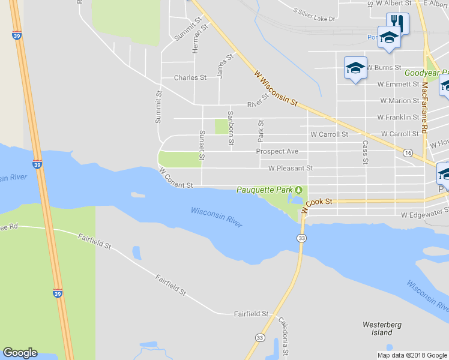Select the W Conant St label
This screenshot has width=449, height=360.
coord(176,178)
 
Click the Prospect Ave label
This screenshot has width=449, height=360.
coord(277,152)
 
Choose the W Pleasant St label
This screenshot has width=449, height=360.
coord(291,169)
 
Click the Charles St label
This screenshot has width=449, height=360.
coord(190,78)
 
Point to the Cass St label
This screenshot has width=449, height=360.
coord(364,152)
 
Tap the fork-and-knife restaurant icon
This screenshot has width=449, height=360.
coord(397,23)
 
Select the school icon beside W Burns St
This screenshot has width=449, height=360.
coord(355,67)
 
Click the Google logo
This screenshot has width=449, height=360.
coord(20,353)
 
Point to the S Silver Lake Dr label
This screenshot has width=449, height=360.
coord(314,15)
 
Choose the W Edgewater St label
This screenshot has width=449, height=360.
coord(424,214)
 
